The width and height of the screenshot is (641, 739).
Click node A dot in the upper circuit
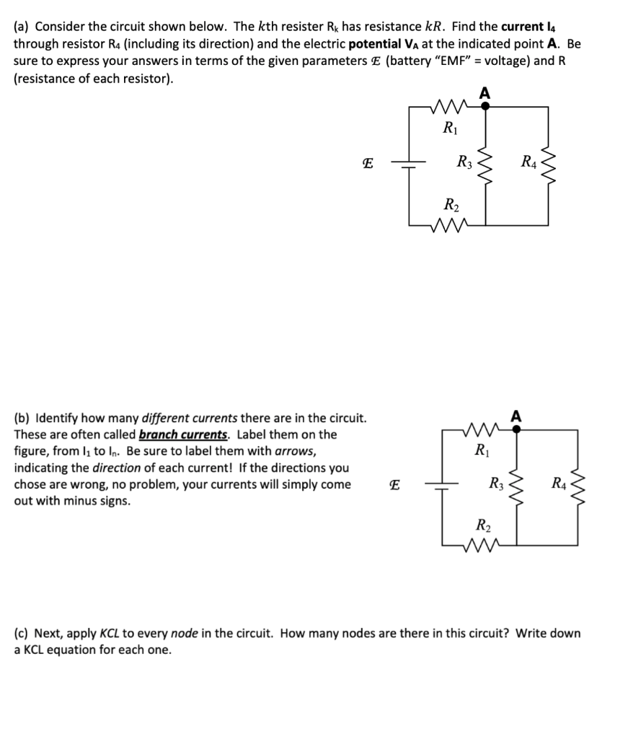pyautogui.click(x=485, y=105)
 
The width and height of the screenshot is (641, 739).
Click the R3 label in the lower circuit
pyautogui.click(x=496, y=484)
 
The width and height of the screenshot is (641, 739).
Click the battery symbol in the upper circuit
pyautogui.click(x=409, y=165)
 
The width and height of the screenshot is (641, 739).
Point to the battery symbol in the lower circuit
pyautogui.click(x=441, y=486)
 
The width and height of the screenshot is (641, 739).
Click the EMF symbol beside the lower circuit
pyautogui.click(x=393, y=486)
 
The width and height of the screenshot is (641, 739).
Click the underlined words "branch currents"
pyautogui.click(x=182, y=434)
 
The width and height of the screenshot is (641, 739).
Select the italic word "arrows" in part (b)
pyautogui.click(x=296, y=451)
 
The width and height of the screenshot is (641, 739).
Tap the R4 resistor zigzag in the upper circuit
pyautogui.click(x=551, y=163)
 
